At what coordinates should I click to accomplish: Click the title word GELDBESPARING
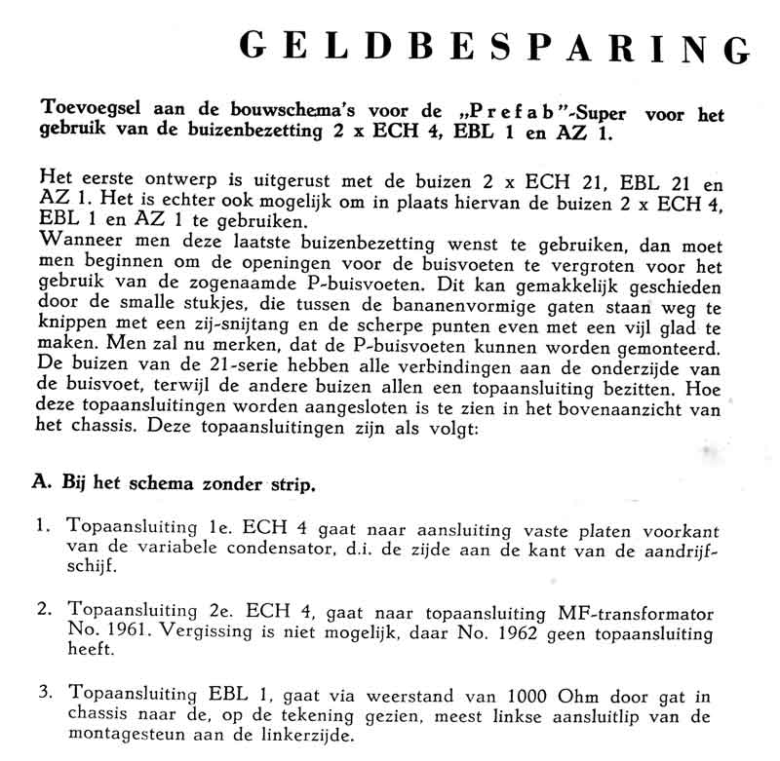click(x=495, y=44)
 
